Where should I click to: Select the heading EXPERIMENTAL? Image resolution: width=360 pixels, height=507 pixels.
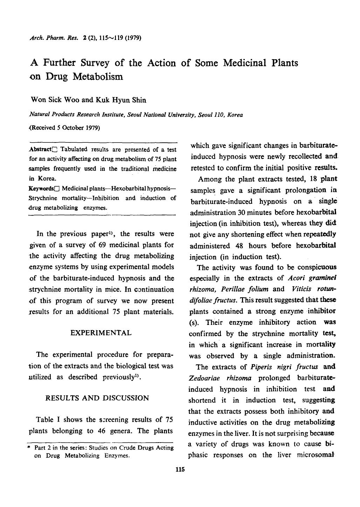[x=101, y=333]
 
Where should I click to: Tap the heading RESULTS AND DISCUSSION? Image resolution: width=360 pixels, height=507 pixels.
[x=97, y=398]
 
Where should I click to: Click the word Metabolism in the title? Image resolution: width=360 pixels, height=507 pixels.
[x=98, y=76]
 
